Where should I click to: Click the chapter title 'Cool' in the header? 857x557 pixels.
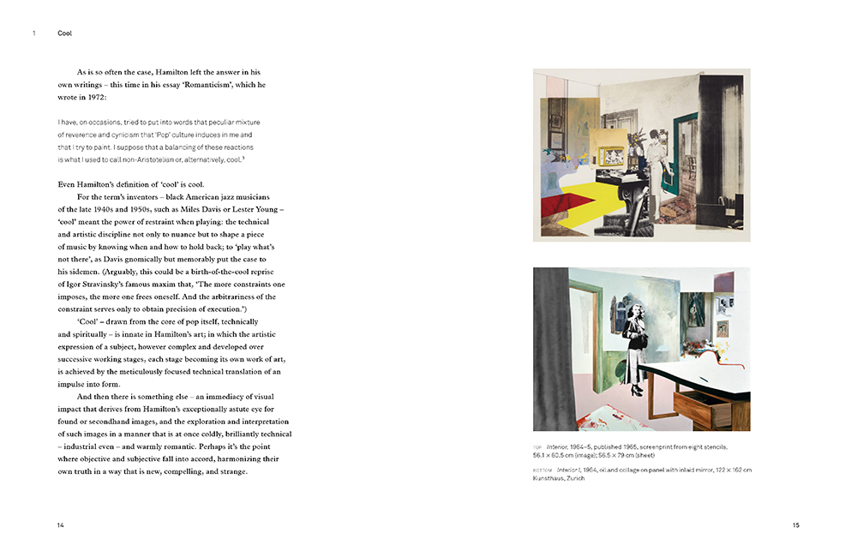pos(65,33)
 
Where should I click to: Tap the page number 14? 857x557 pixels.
pos(61,524)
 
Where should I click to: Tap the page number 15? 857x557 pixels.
pos(795,524)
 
